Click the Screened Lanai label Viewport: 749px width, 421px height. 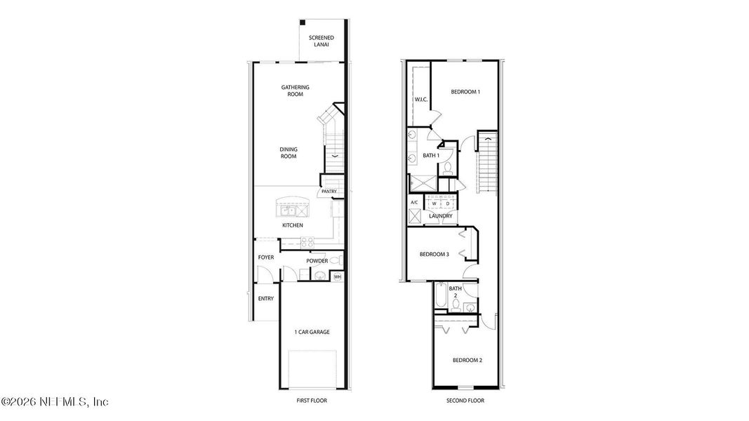321,41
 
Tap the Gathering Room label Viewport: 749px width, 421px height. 296,91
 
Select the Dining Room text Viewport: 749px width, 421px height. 289,152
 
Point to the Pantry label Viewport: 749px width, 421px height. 329,192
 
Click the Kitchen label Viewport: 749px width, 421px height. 293,225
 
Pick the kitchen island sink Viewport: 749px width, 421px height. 288,210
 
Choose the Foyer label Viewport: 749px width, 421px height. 266,258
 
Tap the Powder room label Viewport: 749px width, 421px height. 317,261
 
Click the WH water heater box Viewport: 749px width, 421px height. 337,276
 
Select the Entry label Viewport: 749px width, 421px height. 266,298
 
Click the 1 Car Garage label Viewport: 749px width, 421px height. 312,332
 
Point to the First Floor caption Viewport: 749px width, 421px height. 312,401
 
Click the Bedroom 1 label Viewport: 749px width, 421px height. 465,92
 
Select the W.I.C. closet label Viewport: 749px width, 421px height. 421,100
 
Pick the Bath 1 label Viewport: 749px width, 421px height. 431,155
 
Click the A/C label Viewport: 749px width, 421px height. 414,203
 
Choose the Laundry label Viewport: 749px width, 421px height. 441,216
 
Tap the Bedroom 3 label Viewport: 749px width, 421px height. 435,254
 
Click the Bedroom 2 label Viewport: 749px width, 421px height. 468,360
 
